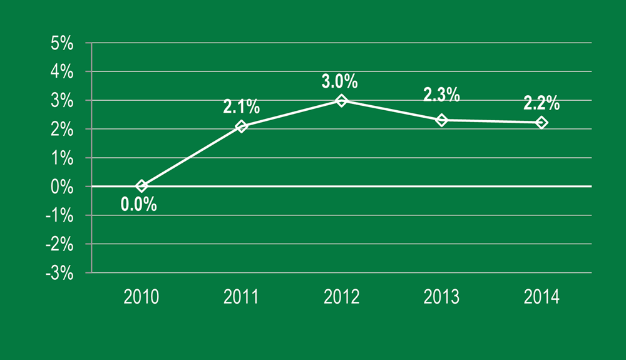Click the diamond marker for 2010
pos(141,186)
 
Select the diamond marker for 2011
pos(242,126)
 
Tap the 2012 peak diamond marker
pos(341,100)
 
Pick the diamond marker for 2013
pos(441,120)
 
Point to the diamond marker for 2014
pos(541,123)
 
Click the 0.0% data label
pos(139,204)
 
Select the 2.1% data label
pos(241,107)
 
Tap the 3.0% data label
pos(341,81)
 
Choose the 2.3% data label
pos(441,95)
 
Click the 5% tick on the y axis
pos(63,44)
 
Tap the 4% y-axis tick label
pos(63,72)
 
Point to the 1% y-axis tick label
pos(63,158)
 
